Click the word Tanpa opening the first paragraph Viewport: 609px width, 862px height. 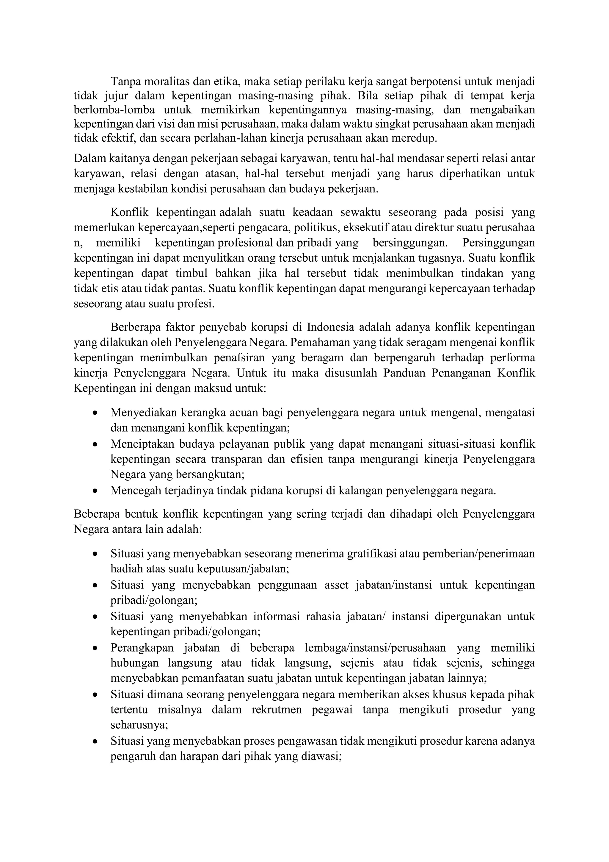(125, 81)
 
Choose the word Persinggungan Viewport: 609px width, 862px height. (498, 243)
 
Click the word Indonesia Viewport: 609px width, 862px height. (330, 327)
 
